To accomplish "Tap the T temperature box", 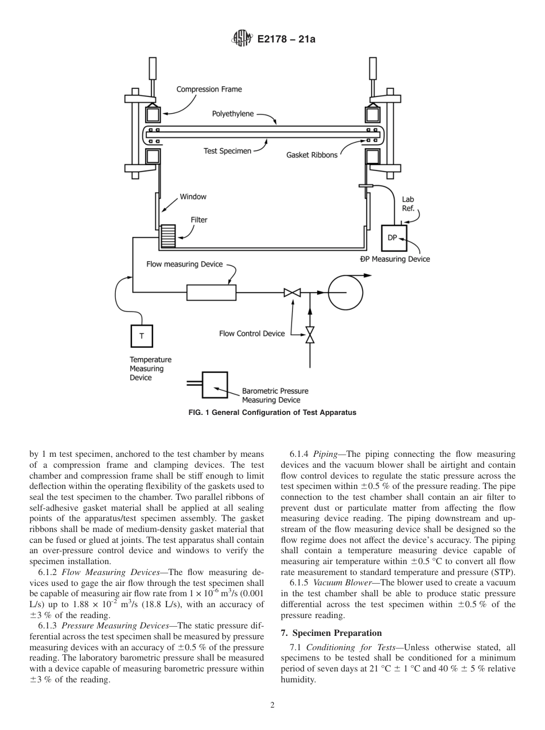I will (x=142, y=336).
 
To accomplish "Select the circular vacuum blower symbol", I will (x=345, y=292).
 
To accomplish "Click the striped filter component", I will (x=168, y=235).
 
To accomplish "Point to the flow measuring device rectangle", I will (x=211, y=292).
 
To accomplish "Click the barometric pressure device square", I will (x=215, y=385).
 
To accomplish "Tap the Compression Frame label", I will (x=209, y=89).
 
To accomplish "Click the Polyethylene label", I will (x=233, y=114).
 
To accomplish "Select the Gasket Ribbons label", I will (x=312, y=155).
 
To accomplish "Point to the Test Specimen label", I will (x=227, y=152).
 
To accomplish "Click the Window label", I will (x=193, y=196).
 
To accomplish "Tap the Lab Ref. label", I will (x=408, y=204).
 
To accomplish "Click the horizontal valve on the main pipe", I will (x=292, y=293).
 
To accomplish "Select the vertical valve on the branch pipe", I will (x=310, y=335).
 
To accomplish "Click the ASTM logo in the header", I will (x=241, y=39).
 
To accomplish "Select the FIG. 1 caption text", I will (x=272, y=412).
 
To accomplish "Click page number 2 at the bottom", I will (x=272, y=706).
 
